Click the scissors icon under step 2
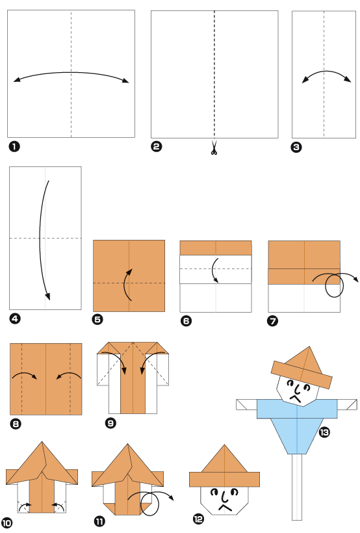214,149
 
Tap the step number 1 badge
13,146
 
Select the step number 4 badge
14,318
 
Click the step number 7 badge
273,320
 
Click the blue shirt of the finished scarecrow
298,422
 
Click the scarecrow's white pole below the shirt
297,487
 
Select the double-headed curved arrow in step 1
71,77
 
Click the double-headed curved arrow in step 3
324,76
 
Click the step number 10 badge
8,523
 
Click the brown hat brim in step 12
224,479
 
